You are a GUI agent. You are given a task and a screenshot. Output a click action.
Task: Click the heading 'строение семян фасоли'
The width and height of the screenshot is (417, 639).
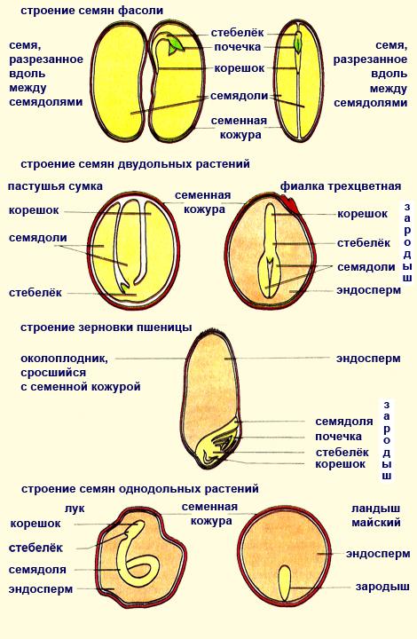coord(92,11)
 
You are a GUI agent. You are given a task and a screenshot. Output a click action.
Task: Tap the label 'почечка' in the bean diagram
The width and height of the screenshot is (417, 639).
coord(238,47)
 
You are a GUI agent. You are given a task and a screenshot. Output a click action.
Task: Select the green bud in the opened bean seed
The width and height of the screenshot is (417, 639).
coord(176,44)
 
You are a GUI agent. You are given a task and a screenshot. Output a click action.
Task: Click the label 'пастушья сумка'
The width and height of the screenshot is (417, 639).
coord(55,186)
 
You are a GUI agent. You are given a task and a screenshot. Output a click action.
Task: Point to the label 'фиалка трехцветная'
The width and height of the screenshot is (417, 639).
coord(341,186)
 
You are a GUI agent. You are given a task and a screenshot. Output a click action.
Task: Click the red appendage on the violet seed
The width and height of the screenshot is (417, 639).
coord(292,205)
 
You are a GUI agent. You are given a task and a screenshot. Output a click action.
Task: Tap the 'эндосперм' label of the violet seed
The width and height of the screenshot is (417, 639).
coord(368,290)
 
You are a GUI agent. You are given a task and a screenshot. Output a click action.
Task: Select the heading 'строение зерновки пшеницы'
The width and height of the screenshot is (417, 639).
coord(106,327)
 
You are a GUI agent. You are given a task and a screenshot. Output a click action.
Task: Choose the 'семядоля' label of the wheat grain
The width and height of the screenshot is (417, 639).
coord(344,422)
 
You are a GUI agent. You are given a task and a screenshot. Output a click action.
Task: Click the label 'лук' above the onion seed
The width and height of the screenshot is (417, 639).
coord(75,509)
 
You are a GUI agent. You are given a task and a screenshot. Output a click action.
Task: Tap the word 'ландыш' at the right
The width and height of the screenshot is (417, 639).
coord(376,509)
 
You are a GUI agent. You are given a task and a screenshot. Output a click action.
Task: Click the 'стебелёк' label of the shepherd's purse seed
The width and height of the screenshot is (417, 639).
coord(35,293)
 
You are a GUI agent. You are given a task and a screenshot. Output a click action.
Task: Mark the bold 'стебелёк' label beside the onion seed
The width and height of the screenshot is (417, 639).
coord(35,548)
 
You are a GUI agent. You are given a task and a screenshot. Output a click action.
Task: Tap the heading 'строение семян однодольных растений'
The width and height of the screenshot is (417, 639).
coord(139,489)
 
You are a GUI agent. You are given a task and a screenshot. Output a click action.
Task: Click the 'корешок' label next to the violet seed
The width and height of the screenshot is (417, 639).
coord(362,214)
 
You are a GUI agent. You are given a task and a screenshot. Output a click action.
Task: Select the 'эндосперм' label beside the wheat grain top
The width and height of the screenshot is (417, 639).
coord(368,359)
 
